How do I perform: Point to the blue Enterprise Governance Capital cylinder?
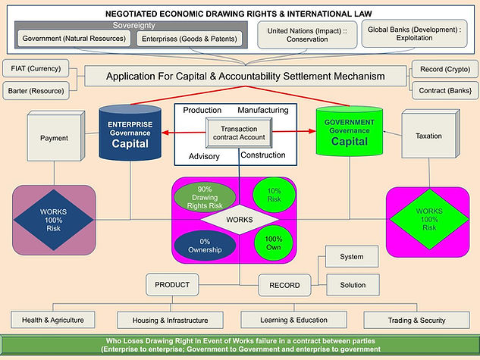pos(131,134)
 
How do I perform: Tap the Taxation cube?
pos(428,137)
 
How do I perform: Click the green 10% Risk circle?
pos(274,196)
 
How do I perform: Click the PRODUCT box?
pos(172,285)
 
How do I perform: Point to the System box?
pos(352,257)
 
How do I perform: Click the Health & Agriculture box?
pos(53,319)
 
